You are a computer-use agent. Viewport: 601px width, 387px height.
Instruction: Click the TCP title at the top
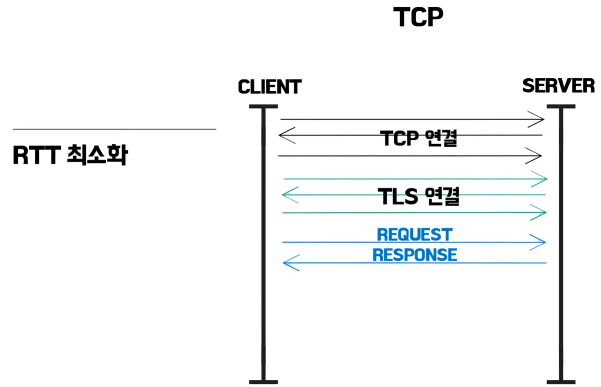418,17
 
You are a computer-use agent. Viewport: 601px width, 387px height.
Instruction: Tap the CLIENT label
269,87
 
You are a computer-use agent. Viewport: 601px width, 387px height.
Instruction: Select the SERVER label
558,86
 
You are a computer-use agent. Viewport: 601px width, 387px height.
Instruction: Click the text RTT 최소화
70,155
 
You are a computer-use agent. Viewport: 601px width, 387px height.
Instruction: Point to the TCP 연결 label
419,138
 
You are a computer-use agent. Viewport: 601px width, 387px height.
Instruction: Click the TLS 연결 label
419,196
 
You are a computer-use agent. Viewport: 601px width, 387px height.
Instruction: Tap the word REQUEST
414,235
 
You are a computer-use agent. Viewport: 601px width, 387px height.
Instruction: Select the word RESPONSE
414,255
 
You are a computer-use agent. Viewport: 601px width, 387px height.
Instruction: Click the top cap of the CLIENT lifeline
263,107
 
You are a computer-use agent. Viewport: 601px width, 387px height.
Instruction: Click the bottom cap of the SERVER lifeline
561,382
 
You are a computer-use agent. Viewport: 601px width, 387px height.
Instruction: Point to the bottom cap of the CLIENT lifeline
263,382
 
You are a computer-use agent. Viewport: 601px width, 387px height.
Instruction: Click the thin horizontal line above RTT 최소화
115,129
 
